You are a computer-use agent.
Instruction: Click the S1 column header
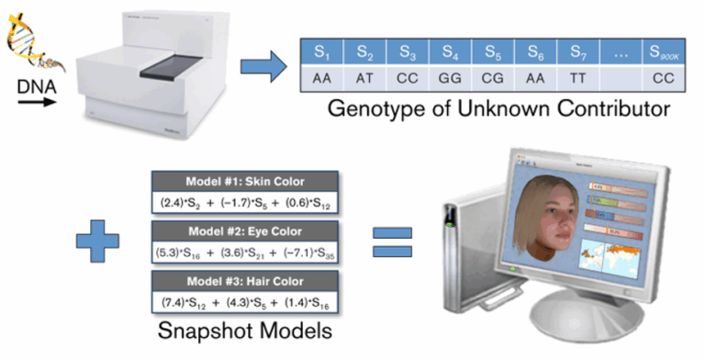point(321,51)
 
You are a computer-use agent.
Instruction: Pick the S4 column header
point(449,51)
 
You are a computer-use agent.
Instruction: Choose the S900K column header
point(662,51)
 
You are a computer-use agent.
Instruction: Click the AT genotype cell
point(364,80)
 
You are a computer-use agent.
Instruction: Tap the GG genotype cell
point(449,80)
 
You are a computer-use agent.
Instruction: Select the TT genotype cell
point(578,80)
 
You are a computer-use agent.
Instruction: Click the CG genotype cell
point(493,80)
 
